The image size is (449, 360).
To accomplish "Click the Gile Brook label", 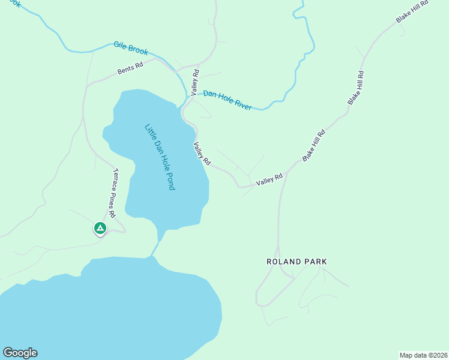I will pos(131,49).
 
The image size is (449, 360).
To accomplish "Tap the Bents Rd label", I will pos(130,68).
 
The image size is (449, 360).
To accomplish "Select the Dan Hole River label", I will pos(227,100).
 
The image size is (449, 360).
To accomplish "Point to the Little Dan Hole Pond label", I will pos(160,157).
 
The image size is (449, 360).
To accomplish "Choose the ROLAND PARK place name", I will pos(297,262).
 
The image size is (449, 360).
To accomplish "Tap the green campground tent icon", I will pos(100,229).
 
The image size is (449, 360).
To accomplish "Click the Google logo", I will pos(20,353).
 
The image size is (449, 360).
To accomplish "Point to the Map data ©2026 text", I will pos(423,355).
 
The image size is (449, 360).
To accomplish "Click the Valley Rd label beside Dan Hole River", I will pos(194,83).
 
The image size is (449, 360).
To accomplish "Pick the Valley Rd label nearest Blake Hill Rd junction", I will pos(269,179).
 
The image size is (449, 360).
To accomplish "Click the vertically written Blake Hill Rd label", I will pos(356,89).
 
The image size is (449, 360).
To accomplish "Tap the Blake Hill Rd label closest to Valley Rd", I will pos(313,145).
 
